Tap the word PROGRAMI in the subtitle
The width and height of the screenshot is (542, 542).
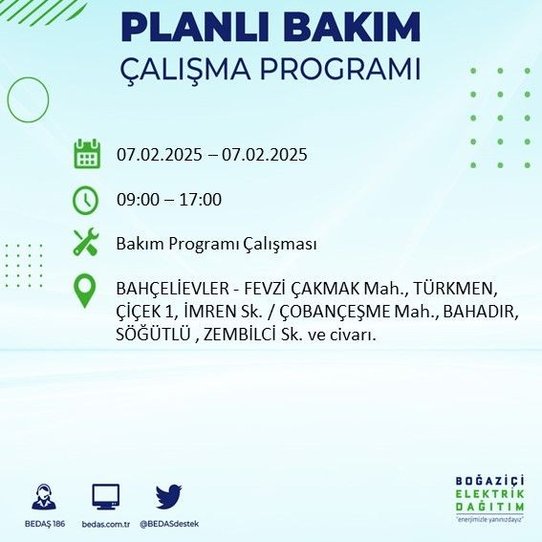pyautogui.click(x=340, y=69)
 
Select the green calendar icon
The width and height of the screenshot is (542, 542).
pyautogui.click(x=87, y=154)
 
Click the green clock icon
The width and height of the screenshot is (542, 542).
pyautogui.click(x=86, y=200)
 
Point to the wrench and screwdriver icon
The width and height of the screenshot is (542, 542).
pyautogui.click(x=86, y=242)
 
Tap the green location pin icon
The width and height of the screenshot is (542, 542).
pyautogui.click(x=85, y=291)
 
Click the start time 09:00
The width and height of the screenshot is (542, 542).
pyautogui.click(x=139, y=200)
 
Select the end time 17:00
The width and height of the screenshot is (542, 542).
pyautogui.click(x=201, y=200)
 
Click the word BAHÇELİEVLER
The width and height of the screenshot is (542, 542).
pyautogui.click(x=172, y=289)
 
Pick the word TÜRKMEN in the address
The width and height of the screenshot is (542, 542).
pyautogui.click(x=455, y=289)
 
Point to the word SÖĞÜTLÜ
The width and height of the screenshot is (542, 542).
pyautogui.click(x=153, y=334)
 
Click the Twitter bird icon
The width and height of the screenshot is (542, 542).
pyautogui.click(x=168, y=496)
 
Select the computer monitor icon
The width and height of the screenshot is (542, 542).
pyautogui.click(x=106, y=497)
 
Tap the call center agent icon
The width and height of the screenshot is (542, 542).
pyautogui.click(x=44, y=497)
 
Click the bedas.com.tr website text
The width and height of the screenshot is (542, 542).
pyautogui.click(x=106, y=524)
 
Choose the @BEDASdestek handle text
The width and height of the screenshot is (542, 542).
pyautogui.click(x=169, y=524)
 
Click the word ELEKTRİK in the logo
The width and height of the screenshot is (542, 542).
pyautogui.click(x=489, y=494)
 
